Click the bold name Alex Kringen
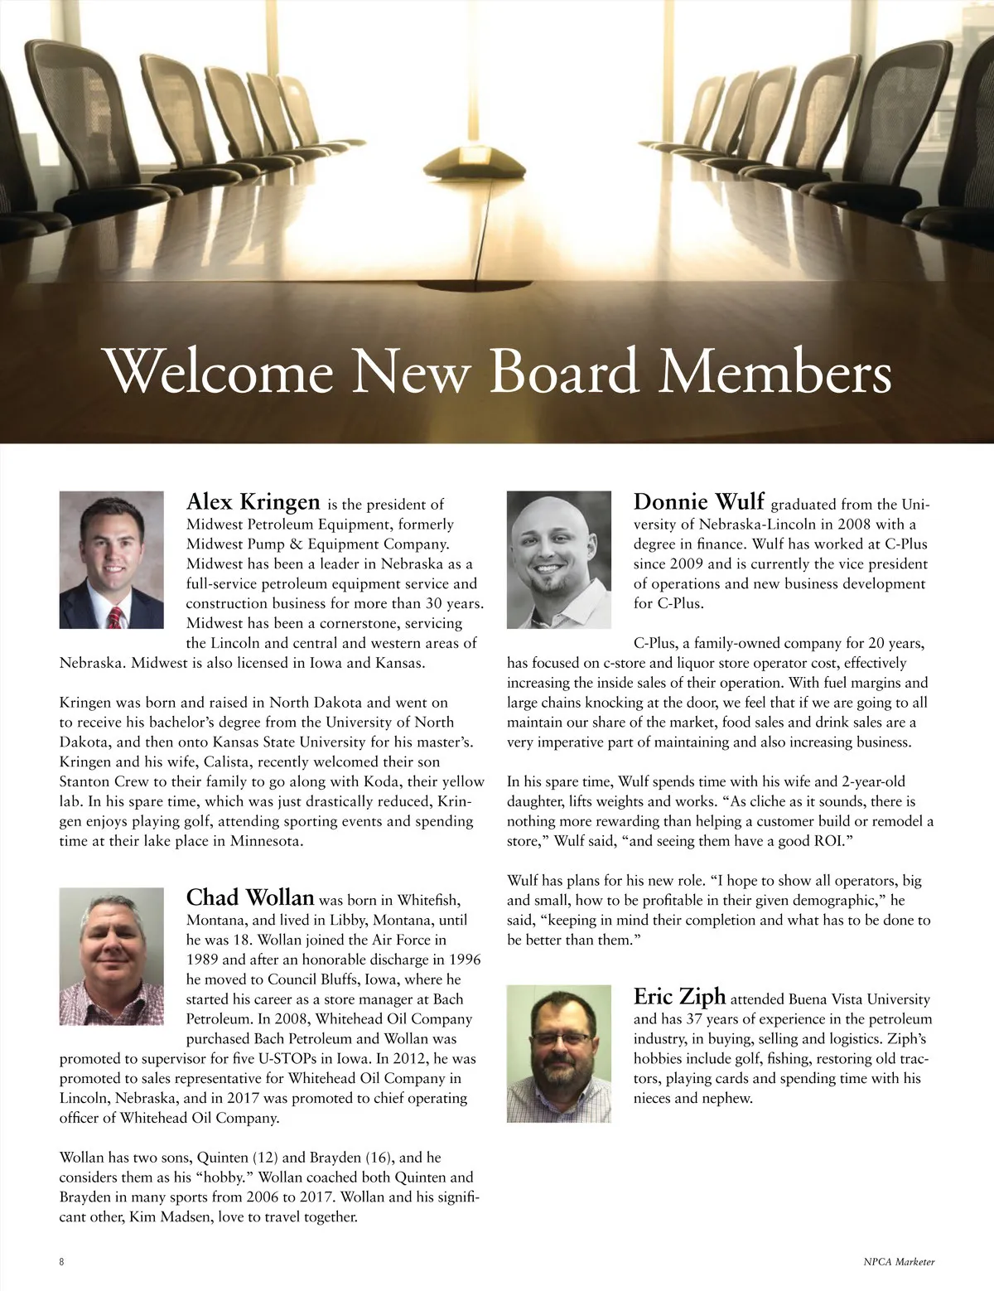[x=253, y=502]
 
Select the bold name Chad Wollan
[x=250, y=897]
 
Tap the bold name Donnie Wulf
[x=698, y=502]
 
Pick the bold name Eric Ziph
[x=679, y=996]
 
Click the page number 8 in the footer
[x=62, y=1262]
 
